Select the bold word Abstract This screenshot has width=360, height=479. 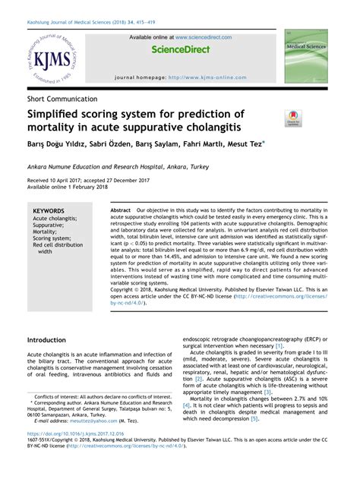coord(121,209)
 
